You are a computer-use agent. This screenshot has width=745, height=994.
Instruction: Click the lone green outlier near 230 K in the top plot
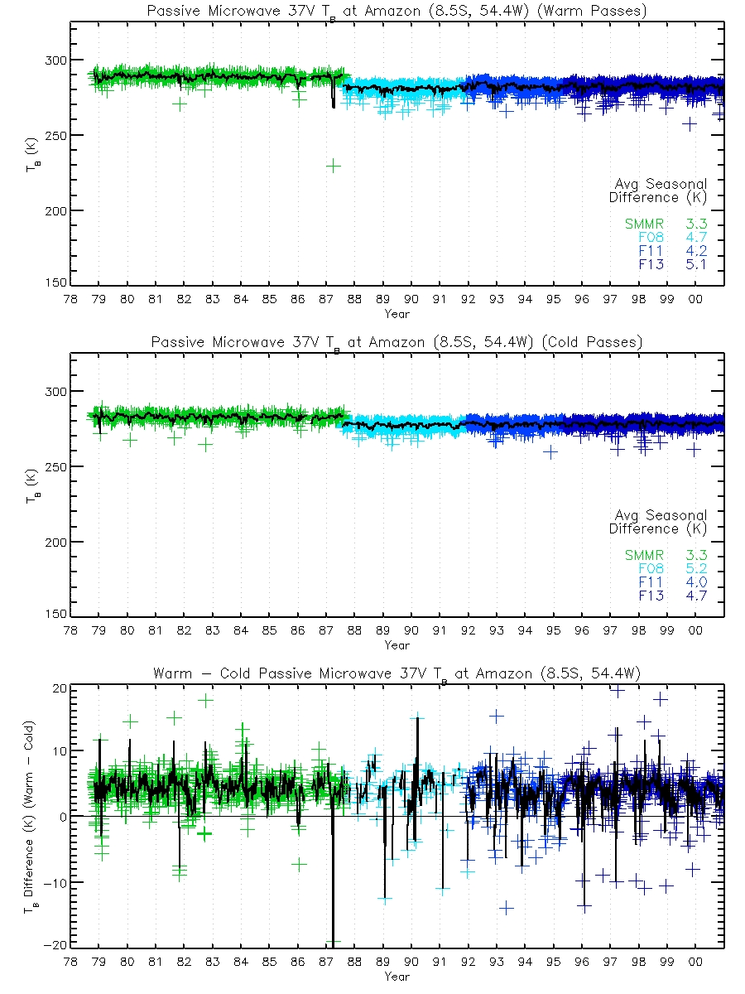[x=333, y=166]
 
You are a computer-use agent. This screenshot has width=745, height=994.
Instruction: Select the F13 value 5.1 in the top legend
[x=695, y=264]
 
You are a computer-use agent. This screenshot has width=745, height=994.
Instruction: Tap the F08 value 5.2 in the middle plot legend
[x=695, y=569]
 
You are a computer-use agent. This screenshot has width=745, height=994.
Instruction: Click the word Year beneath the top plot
[x=397, y=314]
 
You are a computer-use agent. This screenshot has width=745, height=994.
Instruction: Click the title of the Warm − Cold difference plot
[x=397, y=673]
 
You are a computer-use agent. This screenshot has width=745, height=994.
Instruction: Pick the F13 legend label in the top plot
[x=650, y=264]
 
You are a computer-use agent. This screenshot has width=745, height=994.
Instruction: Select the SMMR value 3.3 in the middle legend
[x=695, y=555]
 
